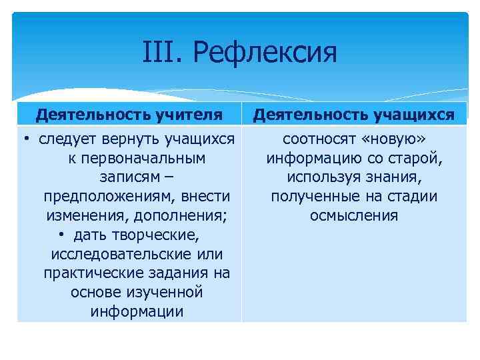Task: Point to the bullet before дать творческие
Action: tap(61, 236)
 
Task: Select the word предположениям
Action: tap(98, 197)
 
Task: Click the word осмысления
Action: tap(354, 216)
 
